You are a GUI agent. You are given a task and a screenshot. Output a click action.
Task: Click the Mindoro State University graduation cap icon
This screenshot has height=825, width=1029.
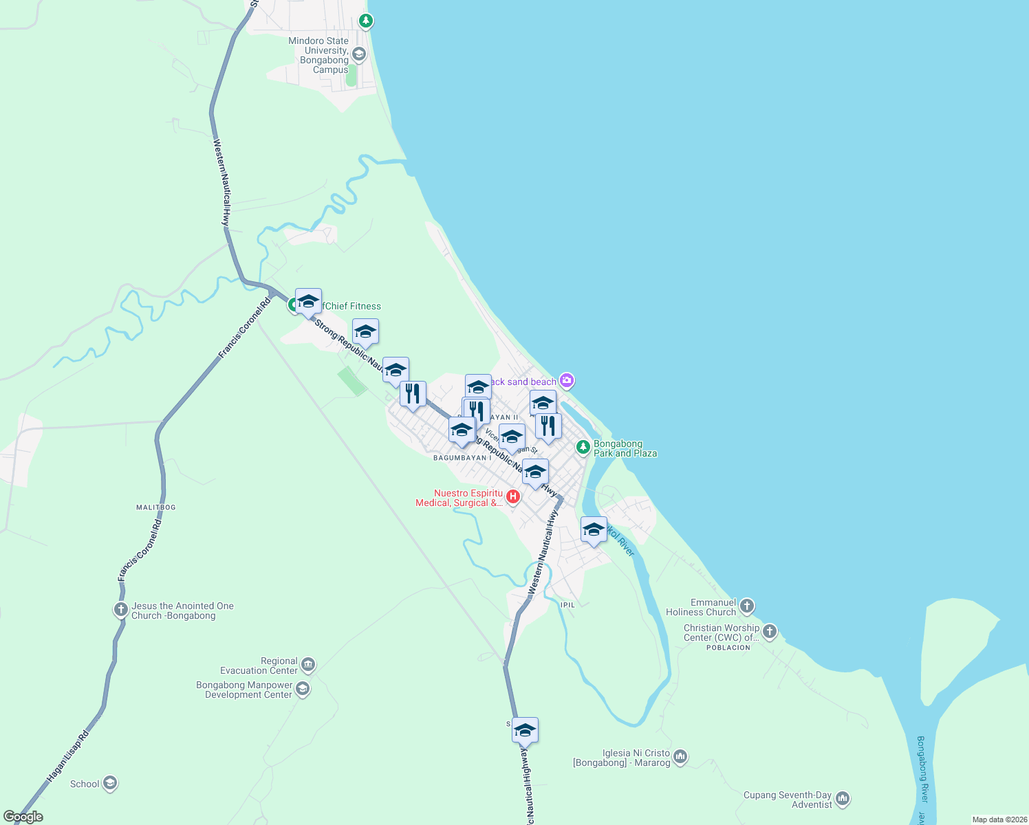[x=358, y=54]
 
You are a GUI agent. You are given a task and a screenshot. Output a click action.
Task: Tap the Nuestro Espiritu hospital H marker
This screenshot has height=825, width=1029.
[x=512, y=496]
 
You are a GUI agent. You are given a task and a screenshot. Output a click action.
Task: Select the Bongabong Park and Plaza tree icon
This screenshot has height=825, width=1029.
[x=583, y=448]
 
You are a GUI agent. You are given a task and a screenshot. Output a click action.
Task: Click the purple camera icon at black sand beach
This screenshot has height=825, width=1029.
[x=566, y=380]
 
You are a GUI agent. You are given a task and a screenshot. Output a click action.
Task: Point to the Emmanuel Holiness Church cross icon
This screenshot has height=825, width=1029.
[x=747, y=606]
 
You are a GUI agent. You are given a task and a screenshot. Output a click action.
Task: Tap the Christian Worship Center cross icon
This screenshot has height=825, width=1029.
[x=769, y=631]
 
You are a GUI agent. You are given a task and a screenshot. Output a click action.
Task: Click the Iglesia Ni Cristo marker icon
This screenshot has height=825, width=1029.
[x=680, y=757]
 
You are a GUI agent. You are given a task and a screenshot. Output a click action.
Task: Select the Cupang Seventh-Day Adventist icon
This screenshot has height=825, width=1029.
[x=843, y=799]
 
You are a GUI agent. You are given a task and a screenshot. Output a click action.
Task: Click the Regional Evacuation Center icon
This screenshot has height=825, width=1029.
[x=308, y=664]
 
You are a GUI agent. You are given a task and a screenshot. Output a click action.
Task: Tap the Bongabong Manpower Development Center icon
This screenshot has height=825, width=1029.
[x=303, y=688]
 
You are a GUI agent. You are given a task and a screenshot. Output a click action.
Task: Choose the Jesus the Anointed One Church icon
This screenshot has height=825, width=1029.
[x=120, y=609]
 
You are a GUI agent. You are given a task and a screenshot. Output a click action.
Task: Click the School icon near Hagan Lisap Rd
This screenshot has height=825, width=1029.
[x=109, y=783]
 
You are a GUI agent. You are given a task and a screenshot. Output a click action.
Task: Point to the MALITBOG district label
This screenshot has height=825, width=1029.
[x=156, y=507]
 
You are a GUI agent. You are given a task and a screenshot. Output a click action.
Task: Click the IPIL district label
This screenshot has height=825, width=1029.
[x=567, y=605]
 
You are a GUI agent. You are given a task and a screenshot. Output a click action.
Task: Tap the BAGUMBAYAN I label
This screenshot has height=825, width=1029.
[x=462, y=458]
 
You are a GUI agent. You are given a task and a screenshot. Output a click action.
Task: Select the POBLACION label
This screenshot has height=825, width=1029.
[x=728, y=648]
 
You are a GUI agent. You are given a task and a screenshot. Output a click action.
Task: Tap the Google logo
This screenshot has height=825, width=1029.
[x=23, y=817]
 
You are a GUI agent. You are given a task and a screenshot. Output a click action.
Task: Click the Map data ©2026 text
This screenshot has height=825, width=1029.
[x=999, y=819]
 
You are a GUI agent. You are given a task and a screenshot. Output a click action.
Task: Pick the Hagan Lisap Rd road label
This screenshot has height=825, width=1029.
[x=67, y=756]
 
